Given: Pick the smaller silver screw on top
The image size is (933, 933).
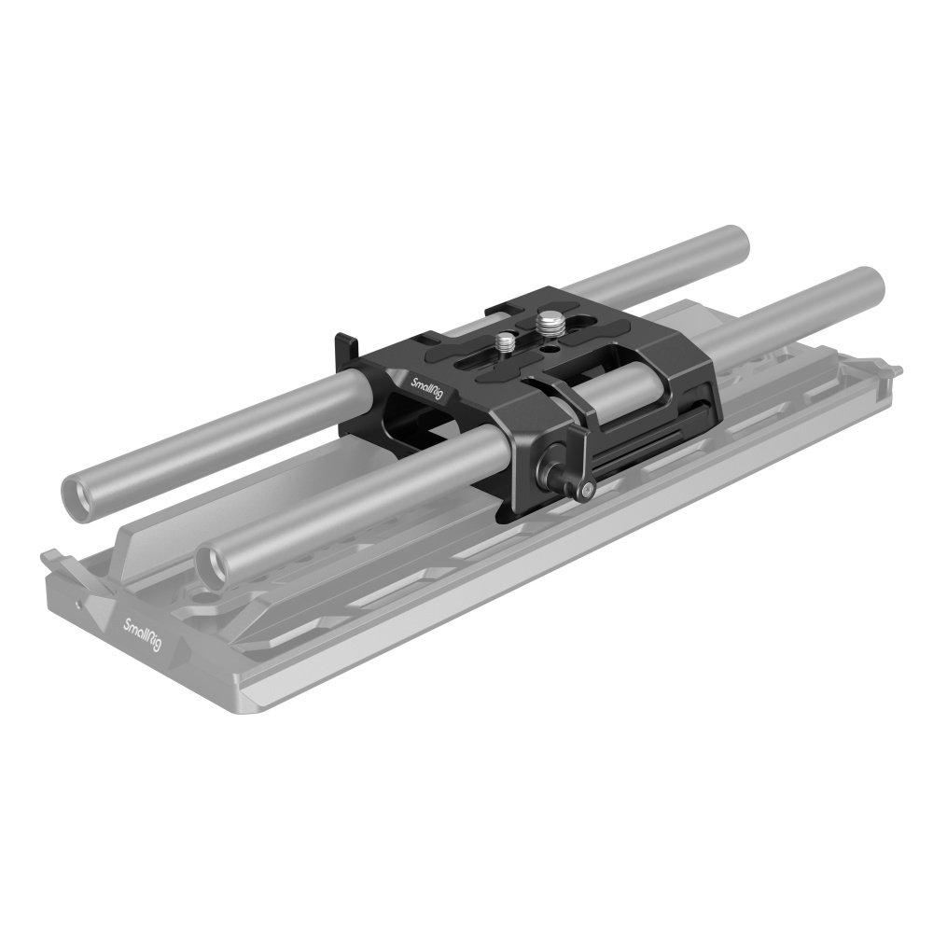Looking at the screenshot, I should click(x=508, y=342).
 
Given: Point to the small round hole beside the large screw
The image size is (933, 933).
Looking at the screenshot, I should click(x=556, y=347).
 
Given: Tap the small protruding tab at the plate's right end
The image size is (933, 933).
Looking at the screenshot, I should click(x=894, y=371).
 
